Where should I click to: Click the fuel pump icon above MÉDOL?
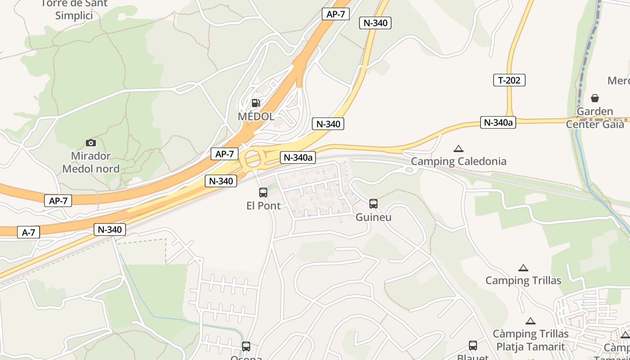(x=256, y=103)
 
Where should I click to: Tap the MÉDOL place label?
(x=256, y=117)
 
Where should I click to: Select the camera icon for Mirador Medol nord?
(x=91, y=143)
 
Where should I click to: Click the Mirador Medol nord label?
(x=91, y=162)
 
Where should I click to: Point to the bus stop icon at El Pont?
(x=263, y=193)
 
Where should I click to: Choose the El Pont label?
(x=264, y=206)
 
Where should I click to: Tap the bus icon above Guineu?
(x=373, y=204)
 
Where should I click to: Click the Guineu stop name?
(x=373, y=217)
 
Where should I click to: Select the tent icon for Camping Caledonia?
(x=459, y=148)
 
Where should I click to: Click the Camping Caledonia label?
(x=459, y=161)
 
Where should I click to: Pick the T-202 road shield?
(x=509, y=80)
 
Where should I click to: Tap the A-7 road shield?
(x=28, y=232)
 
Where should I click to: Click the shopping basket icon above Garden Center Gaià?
(x=595, y=98)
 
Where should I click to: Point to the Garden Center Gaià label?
(x=595, y=117)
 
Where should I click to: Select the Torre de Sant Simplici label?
(x=74, y=9)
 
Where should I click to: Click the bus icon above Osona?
(x=246, y=346)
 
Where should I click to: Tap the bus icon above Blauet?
(x=473, y=346)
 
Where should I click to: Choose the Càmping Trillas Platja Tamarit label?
(x=531, y=340)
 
